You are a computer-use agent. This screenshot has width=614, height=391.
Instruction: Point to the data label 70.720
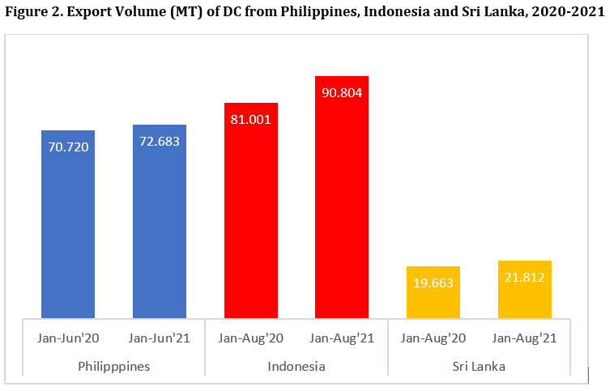click(x=68, y=147)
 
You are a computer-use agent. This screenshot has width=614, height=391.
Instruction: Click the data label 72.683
click(x=160, y=141)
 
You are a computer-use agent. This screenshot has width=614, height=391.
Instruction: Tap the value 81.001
click(x=251, y=119)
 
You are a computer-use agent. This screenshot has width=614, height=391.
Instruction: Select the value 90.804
click(x=342, y=92)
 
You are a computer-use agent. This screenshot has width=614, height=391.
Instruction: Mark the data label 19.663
click(x=433, y=283)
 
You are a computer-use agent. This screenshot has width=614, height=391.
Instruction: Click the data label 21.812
click(x=525, y=277)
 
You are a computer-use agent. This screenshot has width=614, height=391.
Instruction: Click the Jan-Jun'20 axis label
click(x=68, y=338)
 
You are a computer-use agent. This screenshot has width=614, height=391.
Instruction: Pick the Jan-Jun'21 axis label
click(x=160, y=338)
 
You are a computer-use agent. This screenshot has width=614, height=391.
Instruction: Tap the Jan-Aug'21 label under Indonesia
click(x=342, y=338)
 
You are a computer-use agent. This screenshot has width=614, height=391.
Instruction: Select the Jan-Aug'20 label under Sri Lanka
click(x=433, y=338)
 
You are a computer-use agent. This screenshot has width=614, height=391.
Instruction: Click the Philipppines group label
click(x=113, y=366)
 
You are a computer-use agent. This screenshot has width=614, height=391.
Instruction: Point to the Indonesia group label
click(x=296, y=366)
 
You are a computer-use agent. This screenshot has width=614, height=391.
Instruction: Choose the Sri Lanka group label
click(x=479, y=366)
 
